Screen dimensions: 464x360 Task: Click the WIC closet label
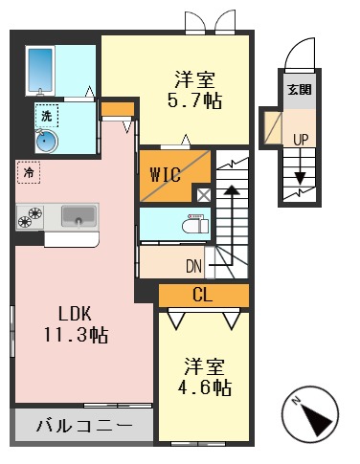click(x=164, y=175)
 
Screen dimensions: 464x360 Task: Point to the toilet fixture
click(x=194, y=227)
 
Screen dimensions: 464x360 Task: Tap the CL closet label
click(x=202, y=295)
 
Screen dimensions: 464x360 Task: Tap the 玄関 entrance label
click(x=300, y=92)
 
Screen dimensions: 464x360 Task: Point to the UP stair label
click(x=301, y=140)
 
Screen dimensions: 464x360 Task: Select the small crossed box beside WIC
click(x=204, y=194)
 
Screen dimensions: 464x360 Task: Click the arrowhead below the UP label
click(x=301, y=179)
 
